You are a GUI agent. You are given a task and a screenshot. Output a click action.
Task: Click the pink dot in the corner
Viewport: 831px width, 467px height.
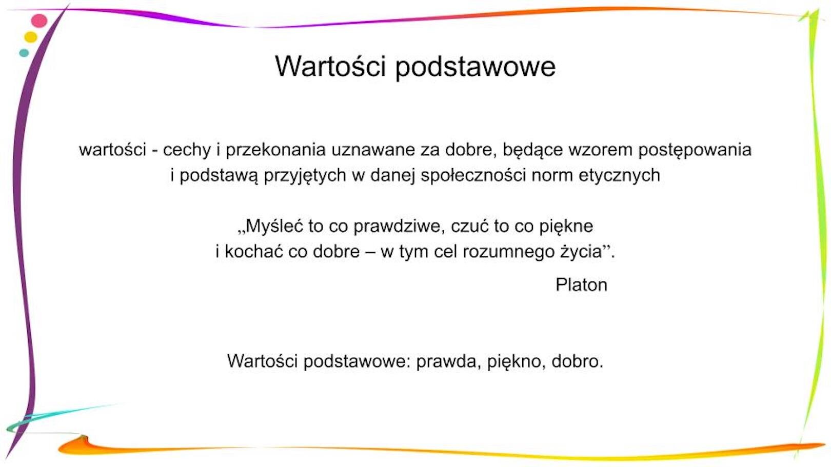tap(39, 21)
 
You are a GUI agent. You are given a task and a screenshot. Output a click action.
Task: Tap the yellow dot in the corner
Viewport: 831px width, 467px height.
tap(31, 37)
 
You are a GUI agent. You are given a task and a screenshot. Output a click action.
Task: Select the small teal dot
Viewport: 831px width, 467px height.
tap(24, 53)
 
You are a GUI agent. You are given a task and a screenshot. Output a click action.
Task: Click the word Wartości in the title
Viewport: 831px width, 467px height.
tap(330, 66)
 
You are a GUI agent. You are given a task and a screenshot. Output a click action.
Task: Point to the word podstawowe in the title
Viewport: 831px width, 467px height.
tap(476, 67)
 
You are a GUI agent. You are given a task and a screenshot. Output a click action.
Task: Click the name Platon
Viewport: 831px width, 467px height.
tap(581, 285)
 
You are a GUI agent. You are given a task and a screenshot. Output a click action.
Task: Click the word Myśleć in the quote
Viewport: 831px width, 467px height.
tap(274, 226)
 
